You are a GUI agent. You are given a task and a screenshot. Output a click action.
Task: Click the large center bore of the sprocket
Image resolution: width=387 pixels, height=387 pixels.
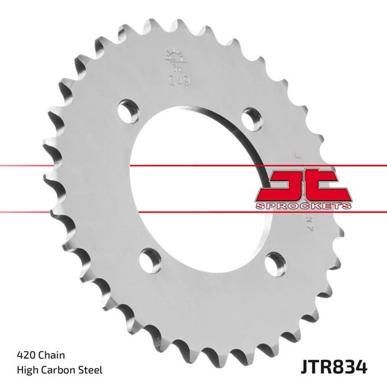click(x=198, y=186)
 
